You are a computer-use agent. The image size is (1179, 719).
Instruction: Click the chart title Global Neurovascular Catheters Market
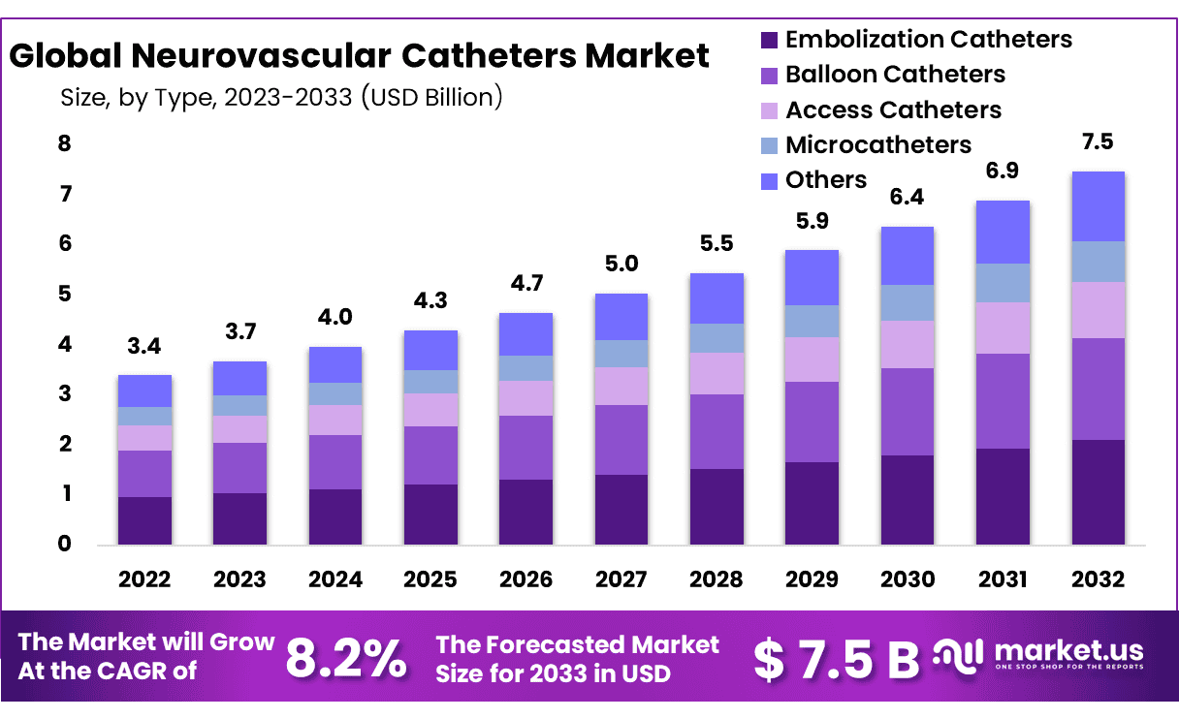[x=360, y=55]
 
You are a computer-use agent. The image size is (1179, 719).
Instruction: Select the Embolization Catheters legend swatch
[x=769, y=40]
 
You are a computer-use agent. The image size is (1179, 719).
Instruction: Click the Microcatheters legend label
[x=877, y=144]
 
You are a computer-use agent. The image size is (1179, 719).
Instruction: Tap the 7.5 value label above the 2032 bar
[x=1097, y=142]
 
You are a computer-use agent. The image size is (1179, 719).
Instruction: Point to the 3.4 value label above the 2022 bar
[x=144, y=346]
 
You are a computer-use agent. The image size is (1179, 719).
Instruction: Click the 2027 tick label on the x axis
[x=621, y=579]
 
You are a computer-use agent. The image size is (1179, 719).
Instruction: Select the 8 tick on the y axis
[x=64, y=144]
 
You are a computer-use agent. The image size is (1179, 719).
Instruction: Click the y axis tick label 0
[x=64, y=545]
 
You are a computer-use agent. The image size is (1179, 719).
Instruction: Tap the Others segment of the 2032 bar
[x=1098, y=206]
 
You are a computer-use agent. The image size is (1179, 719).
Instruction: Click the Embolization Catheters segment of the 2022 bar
[x=144, y=520]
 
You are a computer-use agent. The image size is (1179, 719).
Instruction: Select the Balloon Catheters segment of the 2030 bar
[x=907, y=412]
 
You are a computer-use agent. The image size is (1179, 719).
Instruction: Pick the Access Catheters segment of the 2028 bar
[x=717, y=373]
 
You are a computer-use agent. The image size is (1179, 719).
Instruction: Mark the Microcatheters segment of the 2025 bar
[x=430, y=382]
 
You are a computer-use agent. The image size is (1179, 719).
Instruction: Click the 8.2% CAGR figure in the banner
[x=346, y=660]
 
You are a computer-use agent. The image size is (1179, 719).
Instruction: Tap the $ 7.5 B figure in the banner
[x=836, y=660]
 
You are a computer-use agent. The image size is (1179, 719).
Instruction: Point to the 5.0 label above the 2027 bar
[x=621, y=265]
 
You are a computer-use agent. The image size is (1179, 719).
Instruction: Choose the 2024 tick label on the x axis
[x=335, y=579]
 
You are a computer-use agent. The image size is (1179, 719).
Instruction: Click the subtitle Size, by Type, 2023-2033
[x=281, y=97]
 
